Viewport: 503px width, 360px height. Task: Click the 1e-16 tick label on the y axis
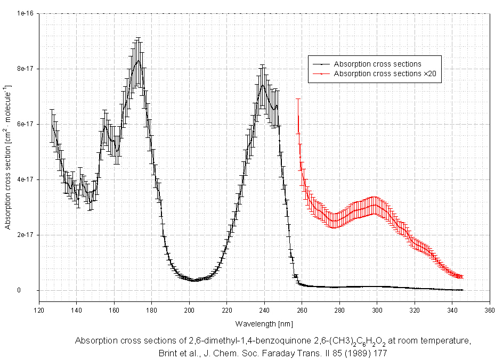click(x=25, y=13)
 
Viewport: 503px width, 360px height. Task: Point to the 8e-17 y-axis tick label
click(x=25, y=69)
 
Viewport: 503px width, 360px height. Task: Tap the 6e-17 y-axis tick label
click(x=25, y=124)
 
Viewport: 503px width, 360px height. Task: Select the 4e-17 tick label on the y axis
click(x=25, y=179)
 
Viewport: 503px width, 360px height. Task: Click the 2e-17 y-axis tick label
click(x=25, y=235)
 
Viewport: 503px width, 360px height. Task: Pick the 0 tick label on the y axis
click(x=33, y=290)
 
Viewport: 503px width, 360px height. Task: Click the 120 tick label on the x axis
click(x=39, y=310)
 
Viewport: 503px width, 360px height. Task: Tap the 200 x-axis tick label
click(x=189, y=310)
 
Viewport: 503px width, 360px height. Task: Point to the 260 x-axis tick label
click(x=302, y=310)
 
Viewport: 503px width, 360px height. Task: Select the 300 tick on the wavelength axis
click(x=377, y=310)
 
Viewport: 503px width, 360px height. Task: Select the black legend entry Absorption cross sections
click(x=377, y=64)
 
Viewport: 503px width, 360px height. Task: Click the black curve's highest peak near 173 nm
click(x=139, y=61)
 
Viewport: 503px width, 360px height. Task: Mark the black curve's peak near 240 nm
click(x=262, y=85)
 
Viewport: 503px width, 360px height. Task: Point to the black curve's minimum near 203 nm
click(x=194, y=280)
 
